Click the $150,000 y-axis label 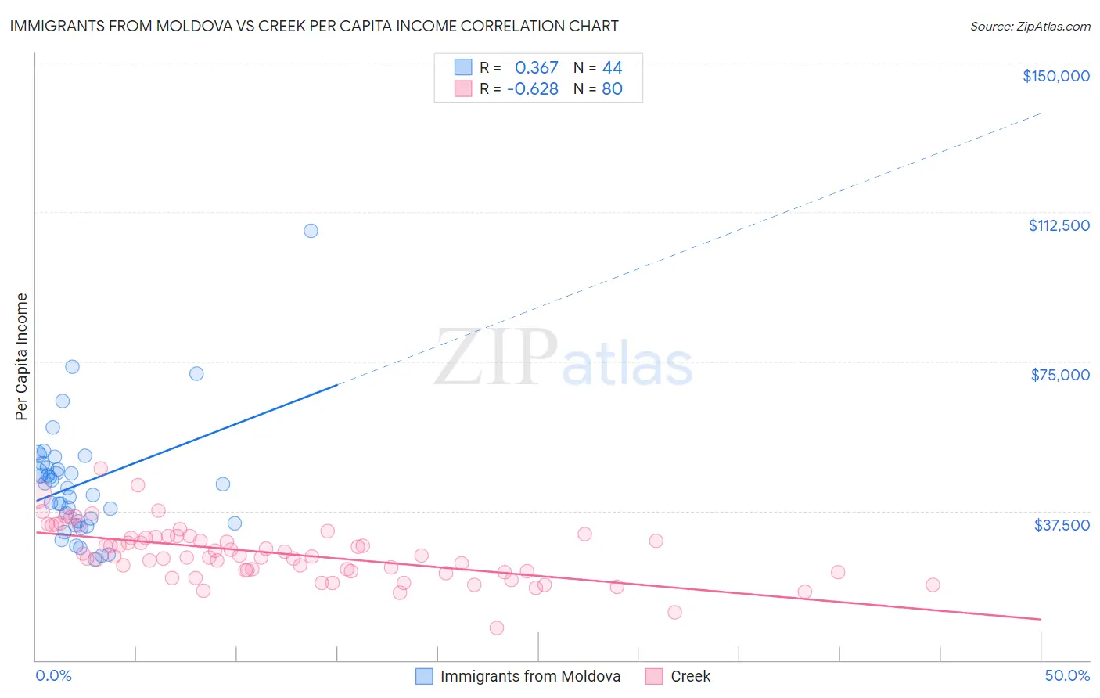pos(1055,76)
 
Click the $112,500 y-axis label pos(1059,225)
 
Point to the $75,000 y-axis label pos(1060,375)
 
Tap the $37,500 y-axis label pos(1062,525)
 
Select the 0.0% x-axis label pos(53,675)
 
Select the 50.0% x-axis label pos(1066,675)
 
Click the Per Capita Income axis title pos(21,356)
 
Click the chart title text pos(314,26)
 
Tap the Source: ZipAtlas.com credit pos(1030,26)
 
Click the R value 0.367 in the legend pos(536,68)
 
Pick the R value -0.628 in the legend pos(532,88)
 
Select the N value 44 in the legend pos(612,68)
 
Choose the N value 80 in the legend pos(612,88)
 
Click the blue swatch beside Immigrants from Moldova pos(424,676)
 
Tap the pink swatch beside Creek pos(654,676)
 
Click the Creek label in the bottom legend pos(690,676)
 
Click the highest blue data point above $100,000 pos(311,231)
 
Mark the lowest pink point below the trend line pos(496,628)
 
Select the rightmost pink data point pos(932,585)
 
